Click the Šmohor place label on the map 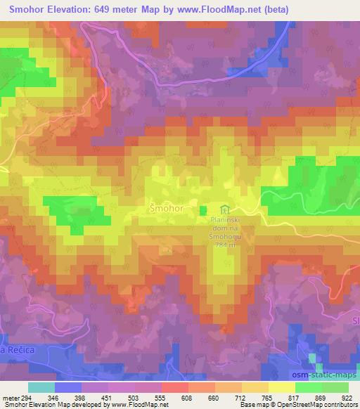(x=166, y=209)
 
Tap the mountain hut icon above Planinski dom (x=224, y=209)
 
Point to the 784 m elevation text (x=224, y=245)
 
